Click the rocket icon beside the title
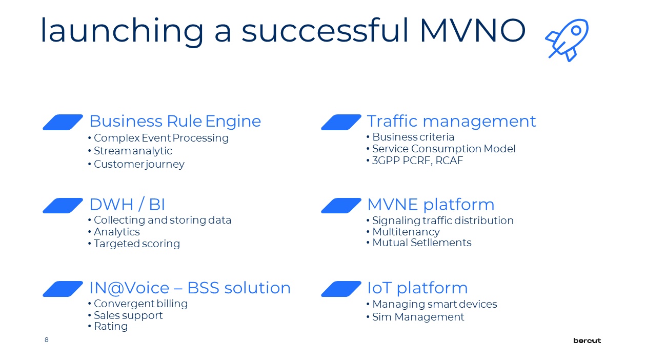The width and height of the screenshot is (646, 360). coord(567,40)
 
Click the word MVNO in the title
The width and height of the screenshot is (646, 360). coord(473,30)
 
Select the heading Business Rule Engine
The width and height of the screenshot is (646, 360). coord(175,121)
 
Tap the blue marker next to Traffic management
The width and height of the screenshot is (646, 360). coord(341,122)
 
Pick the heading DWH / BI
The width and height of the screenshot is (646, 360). coord(127,205)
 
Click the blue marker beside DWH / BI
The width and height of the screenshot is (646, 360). coord(63,206)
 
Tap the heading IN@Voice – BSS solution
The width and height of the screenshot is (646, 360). coord(190,288)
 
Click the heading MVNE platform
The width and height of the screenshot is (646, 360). coord(431,205)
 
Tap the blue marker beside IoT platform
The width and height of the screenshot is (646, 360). coord(341,289)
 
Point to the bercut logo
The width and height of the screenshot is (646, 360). coord(587,341)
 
